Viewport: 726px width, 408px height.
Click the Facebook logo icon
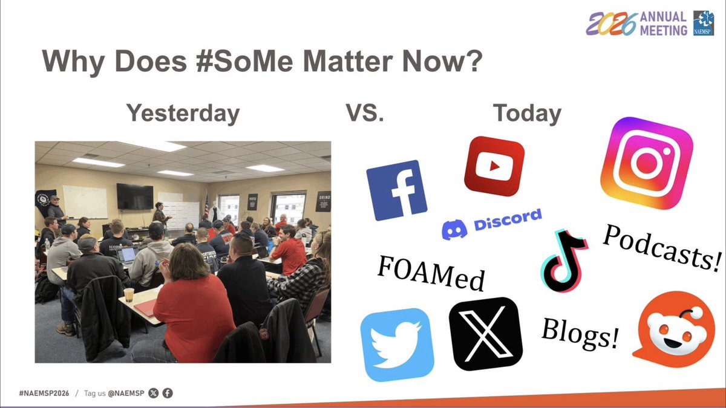pos(396,190)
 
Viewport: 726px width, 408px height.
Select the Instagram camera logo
pos(646,163)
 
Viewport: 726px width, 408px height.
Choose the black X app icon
pos(486,334)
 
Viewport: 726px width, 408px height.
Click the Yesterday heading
pos(182,114)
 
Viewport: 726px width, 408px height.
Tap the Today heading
pos(526,114)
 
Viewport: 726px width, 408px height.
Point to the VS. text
pos(364,114)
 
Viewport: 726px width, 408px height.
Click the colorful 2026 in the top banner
pos(611,24)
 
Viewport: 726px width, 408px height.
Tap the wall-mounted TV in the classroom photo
pos(135,196)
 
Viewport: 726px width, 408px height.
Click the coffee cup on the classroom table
pos(128,294)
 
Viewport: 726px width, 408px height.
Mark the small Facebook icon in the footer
pos(168,393)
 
